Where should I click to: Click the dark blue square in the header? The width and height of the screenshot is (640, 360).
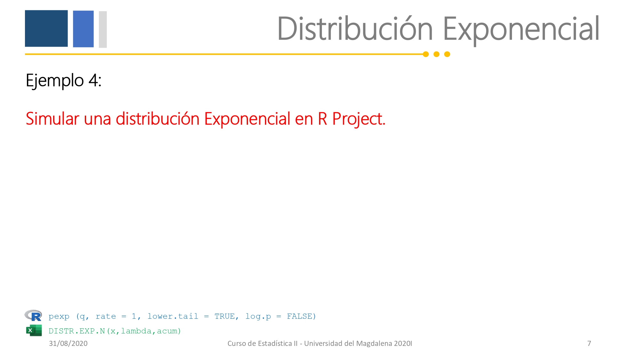(46, 28)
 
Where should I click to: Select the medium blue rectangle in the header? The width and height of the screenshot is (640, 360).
(83, 29)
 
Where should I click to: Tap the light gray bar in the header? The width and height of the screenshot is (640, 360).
(103, 29)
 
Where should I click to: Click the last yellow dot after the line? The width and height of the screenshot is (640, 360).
(447, 54)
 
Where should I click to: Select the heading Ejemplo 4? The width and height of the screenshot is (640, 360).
(64, 81)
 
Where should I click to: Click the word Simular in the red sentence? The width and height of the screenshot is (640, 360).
(52, 119)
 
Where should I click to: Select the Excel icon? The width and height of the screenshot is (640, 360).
(34, 330)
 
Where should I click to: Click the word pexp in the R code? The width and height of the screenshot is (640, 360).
(59, 317)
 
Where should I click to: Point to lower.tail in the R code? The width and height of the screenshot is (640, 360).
(173, 316)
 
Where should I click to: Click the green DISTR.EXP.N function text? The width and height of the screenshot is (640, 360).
(77, 331)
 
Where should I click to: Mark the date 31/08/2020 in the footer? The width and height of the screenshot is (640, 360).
(68, 343)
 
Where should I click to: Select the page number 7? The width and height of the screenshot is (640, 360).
(589, 343)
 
